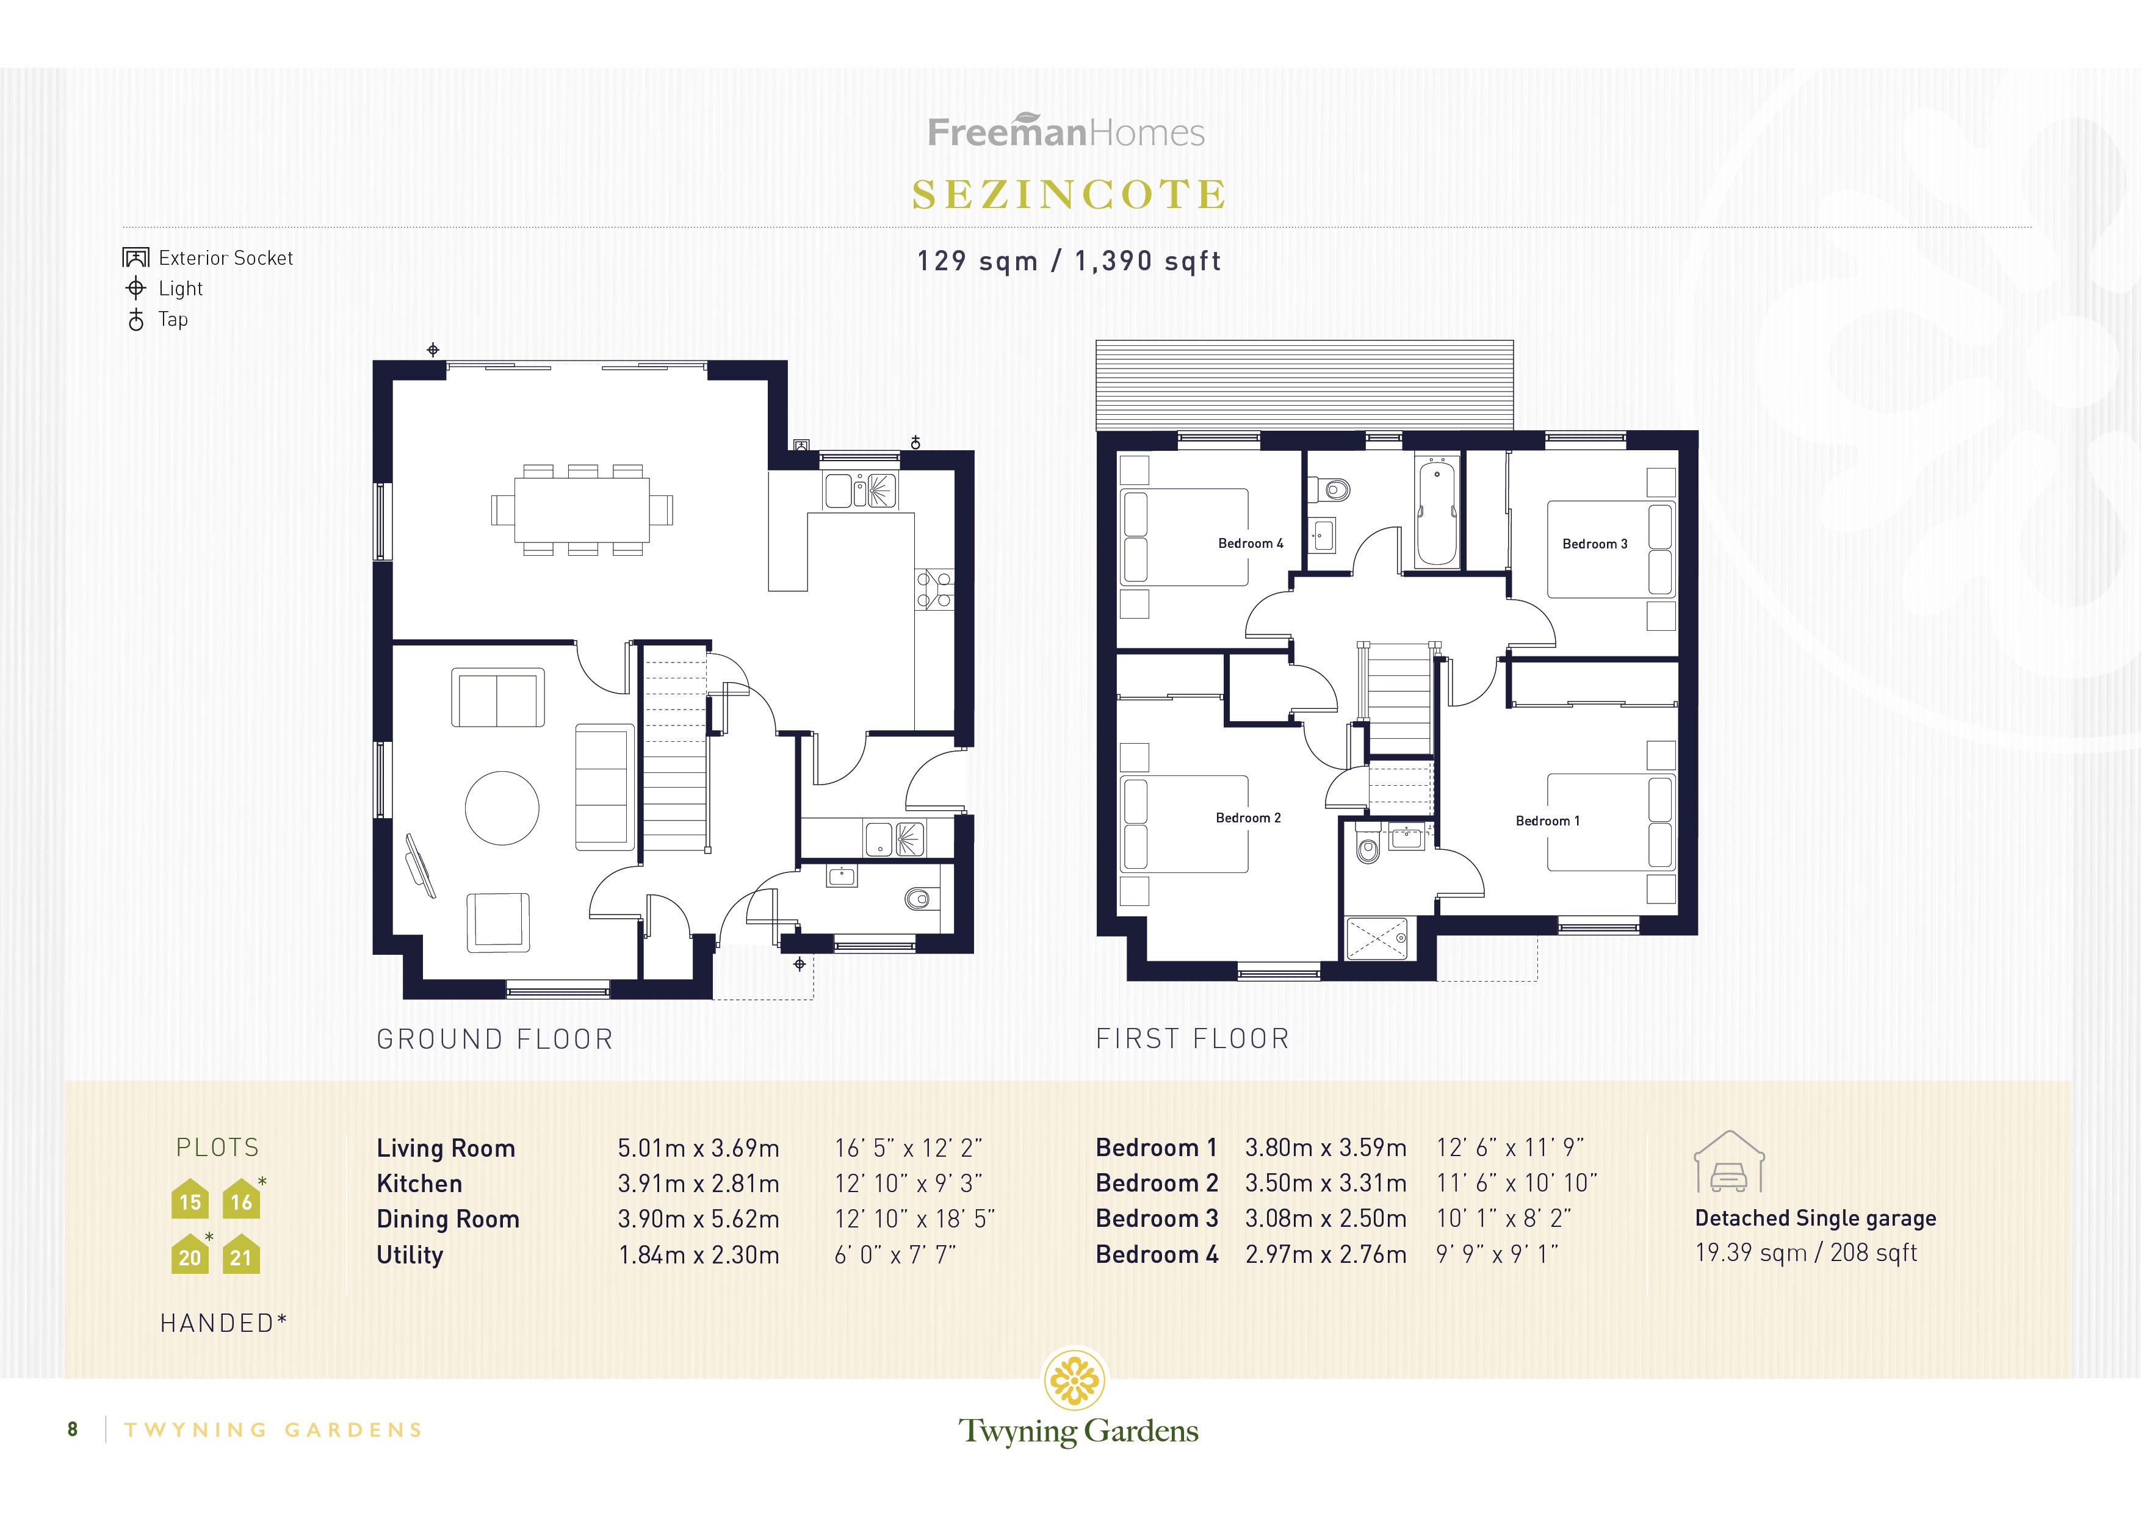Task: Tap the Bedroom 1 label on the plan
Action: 1547,821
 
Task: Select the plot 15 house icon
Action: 190,1200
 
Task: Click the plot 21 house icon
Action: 240,1255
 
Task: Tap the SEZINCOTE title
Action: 1069,195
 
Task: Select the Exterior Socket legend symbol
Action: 136,257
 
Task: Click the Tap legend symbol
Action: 136,320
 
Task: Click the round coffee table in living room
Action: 502,808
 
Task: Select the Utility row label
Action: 410,1255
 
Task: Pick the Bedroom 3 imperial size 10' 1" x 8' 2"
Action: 1503,1218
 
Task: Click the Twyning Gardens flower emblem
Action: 1075,1379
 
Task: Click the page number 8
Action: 73,1429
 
